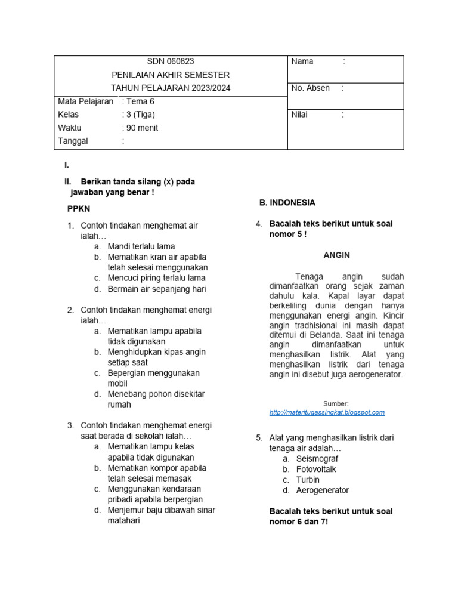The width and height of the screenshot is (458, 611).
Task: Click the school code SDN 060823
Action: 171,61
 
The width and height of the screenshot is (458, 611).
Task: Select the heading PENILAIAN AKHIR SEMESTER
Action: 171,75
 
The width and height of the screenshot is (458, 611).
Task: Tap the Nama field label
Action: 302,61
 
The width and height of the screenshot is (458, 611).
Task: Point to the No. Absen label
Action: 310,88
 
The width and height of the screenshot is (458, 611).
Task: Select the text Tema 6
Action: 140,101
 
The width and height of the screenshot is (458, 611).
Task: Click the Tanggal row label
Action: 73,141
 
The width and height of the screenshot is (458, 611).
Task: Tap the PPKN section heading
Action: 78,209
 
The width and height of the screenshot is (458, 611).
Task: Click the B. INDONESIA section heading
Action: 287,203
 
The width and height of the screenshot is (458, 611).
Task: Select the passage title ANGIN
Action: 336,255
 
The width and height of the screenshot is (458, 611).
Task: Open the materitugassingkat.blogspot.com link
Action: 327,412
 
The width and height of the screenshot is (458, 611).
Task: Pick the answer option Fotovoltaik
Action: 316,469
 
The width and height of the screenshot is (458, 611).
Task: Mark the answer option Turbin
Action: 308,480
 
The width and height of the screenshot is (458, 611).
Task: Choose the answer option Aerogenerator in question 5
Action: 323,490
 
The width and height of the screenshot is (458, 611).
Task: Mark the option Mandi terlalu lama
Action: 141,246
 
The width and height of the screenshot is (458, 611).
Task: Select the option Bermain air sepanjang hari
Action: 156,289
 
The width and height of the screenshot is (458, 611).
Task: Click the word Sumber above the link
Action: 336,404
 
